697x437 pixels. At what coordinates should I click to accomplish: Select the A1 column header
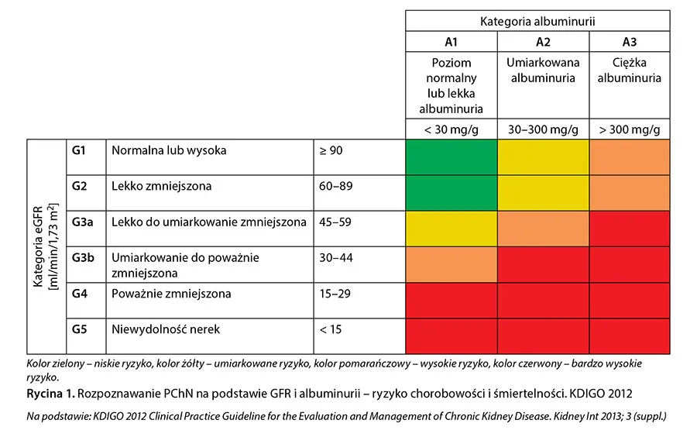450,42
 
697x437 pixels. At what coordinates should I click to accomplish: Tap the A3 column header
630,42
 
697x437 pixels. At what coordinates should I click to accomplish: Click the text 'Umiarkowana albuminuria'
541,71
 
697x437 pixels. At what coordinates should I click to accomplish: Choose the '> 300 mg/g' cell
630,129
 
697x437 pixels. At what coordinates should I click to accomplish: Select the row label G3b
83,257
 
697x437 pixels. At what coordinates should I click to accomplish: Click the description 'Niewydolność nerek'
166,329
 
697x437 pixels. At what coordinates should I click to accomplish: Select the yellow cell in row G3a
450,229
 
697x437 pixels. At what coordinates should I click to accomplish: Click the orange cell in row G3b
450,264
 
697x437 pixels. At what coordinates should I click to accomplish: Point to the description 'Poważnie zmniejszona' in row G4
171,294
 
